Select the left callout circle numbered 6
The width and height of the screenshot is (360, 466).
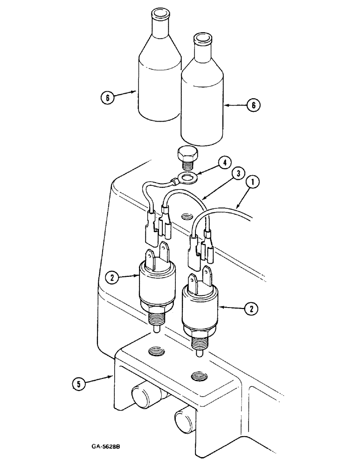pyautogui.click(x=107, y=99)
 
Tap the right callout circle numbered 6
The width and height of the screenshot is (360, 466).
pyautogui.click(x=253, y=105)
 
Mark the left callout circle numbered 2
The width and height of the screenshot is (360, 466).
pyautogui.click(x=111, y=278)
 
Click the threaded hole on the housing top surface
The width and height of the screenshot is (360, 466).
pyautogui.click(x=187, y=216)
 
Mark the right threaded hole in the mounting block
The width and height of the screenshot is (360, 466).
pyautogui.click(x=196, y=375)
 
